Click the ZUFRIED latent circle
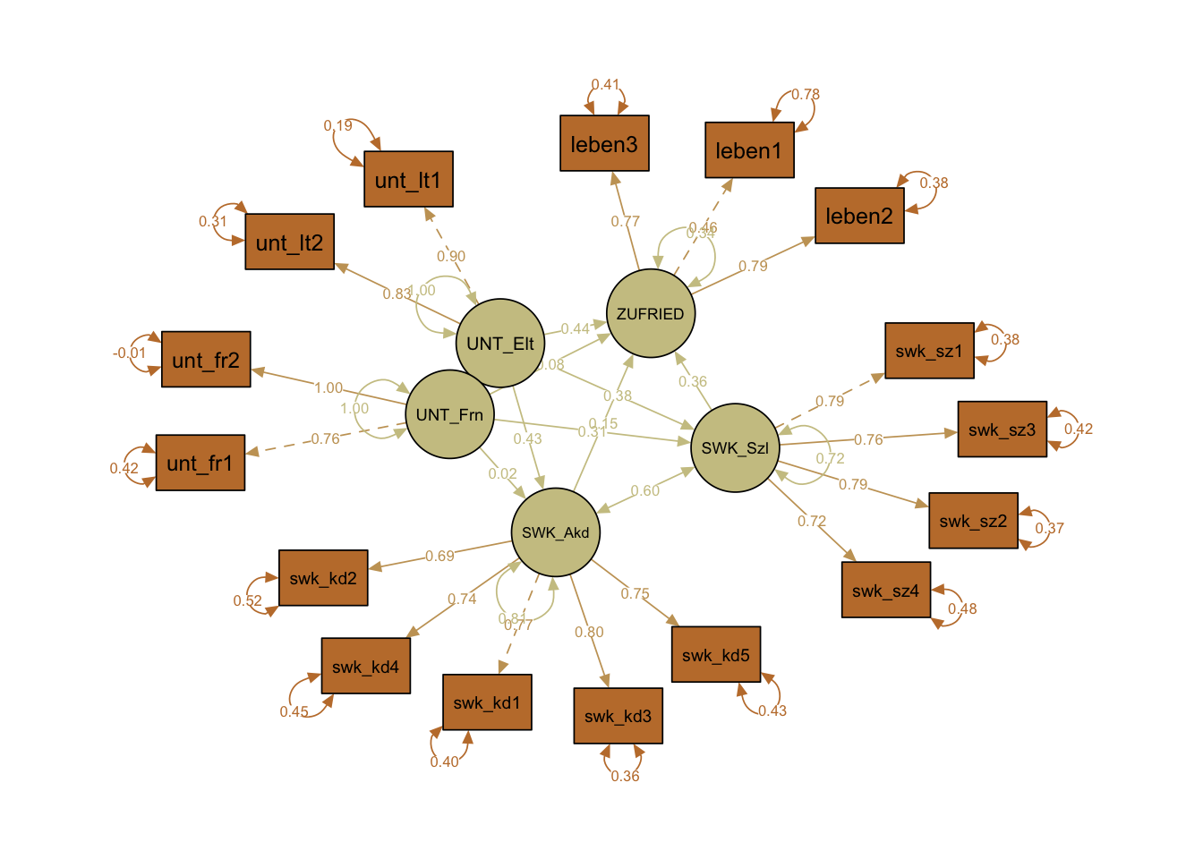(651, 313)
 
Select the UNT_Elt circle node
(500, 343)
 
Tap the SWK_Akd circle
(556, 532)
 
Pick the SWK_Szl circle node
(735, 447)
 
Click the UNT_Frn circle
(449, 414)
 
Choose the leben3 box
(604, 143)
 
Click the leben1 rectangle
(749, 150)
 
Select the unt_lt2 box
(289, 242)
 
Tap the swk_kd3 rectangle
(618, 716)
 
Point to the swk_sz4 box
(886, 590)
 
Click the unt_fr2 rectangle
(206, 360)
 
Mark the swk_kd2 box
(323, 578)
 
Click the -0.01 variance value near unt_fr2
(130, 353)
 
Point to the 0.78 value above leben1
(806, 94)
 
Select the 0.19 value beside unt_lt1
(338, 125)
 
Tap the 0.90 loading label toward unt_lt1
(451, 256)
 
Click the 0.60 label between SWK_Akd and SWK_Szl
(644, 490)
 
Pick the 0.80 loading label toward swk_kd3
(589, 632)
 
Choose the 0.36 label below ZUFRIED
(693, 381)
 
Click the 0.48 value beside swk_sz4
(962, 608)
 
